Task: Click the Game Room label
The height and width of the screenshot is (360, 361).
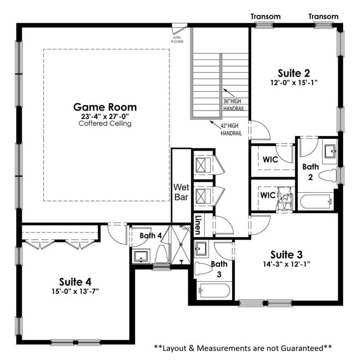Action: coord(105,107)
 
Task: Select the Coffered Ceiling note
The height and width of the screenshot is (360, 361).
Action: coord(105,123)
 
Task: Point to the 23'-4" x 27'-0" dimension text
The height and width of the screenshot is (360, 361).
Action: coord(105,116)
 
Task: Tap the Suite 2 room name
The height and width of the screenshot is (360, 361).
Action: coord(294,72)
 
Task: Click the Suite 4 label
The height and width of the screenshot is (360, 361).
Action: coord(76,281)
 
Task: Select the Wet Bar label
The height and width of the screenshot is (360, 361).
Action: coord(182,192)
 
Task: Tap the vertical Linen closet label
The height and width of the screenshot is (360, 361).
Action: coord(198,224)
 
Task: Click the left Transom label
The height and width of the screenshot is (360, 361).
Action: coord(265,16)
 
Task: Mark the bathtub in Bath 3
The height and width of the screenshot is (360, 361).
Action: coord(213,291)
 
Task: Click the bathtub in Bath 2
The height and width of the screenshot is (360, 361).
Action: coord(315,201)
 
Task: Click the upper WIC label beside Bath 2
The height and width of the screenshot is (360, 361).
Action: coord(270,159)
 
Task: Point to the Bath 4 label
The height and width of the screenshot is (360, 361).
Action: coord(151,236)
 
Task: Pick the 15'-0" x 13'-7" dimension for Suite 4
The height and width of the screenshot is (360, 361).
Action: coord(76,291)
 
